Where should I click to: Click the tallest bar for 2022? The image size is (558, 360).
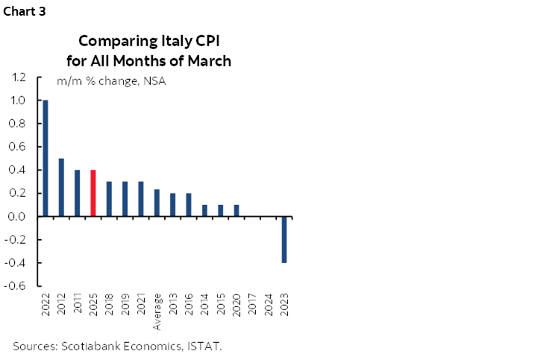pyautogui.click(x=46, y=158)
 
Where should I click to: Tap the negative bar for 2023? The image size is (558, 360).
pyautogui.click(x=284, y=239)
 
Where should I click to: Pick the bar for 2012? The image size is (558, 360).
pyautogui.click(x=61, y=187)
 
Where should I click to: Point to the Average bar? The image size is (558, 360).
pyautogui.click(x=157, y=203)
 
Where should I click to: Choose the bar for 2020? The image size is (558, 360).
pyautogui.click(x=236, y=210)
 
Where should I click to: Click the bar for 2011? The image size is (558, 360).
pyautogui.click(x=78, y=193)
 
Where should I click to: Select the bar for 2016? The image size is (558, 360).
pyautogui.click(x=189, y=205)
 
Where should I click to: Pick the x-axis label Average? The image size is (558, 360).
pyautogui.click(x=157, y=312)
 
